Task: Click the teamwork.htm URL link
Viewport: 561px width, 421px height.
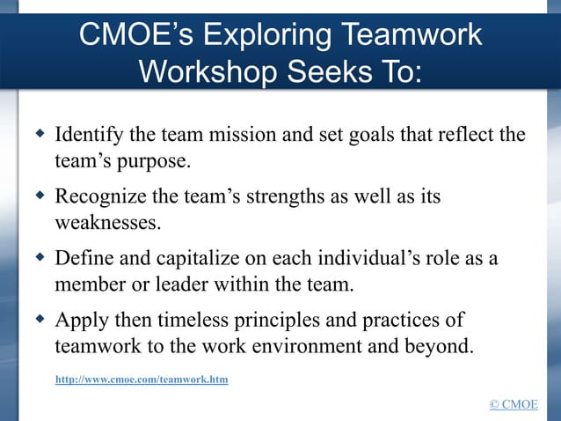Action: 142,380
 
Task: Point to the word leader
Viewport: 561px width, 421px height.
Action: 189,284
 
